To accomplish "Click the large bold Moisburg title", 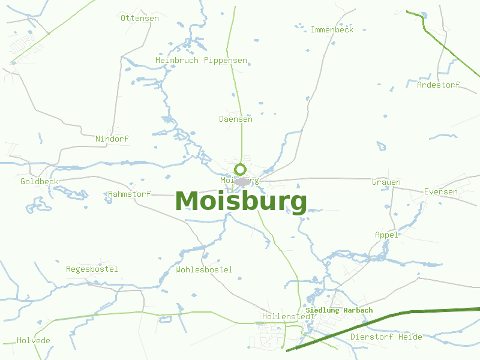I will (241, 202).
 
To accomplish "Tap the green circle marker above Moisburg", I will (241, 169).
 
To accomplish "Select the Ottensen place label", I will (140, 18).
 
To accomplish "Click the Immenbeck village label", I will (332, 29).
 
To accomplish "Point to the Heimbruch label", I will (177, 61).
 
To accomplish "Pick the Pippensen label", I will (226, 61).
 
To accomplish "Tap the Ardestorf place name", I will (438, 85).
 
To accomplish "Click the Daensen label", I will (235, 119).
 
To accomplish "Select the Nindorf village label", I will (112, 139).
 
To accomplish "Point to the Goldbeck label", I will (39, 181).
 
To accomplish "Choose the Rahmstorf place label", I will (129, 194).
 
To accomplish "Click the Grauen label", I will (386, 182).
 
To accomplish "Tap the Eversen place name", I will (440, 192).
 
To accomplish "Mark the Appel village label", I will (386, 235).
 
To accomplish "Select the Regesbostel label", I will (92, 269).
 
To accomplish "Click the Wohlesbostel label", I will (204, 269).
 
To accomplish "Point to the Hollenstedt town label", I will (289, 316).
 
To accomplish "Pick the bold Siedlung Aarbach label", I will (339, 310).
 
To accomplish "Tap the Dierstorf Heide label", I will (386, 337).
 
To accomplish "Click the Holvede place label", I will (34, 340).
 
